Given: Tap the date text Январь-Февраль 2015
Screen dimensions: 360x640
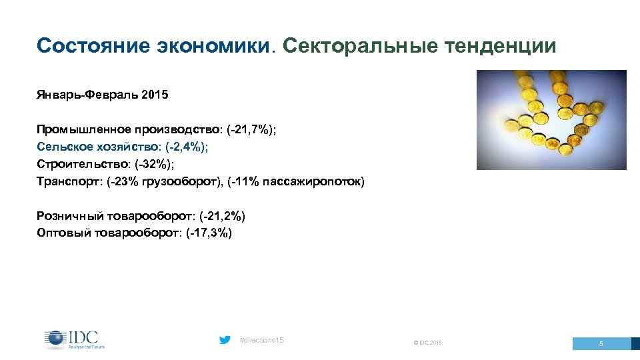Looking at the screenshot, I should pos(103,95).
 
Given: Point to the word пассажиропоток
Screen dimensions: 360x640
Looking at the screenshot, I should pos(319,181).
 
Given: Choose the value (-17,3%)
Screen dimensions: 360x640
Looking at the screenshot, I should pos(209,233).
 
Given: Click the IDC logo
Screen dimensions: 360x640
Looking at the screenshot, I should pos(75,339).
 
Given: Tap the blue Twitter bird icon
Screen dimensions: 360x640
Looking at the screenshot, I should pos(225,340).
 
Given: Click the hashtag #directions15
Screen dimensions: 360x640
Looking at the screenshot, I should pos(261,341).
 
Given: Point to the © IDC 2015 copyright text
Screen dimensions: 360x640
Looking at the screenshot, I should pos(427,343).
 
